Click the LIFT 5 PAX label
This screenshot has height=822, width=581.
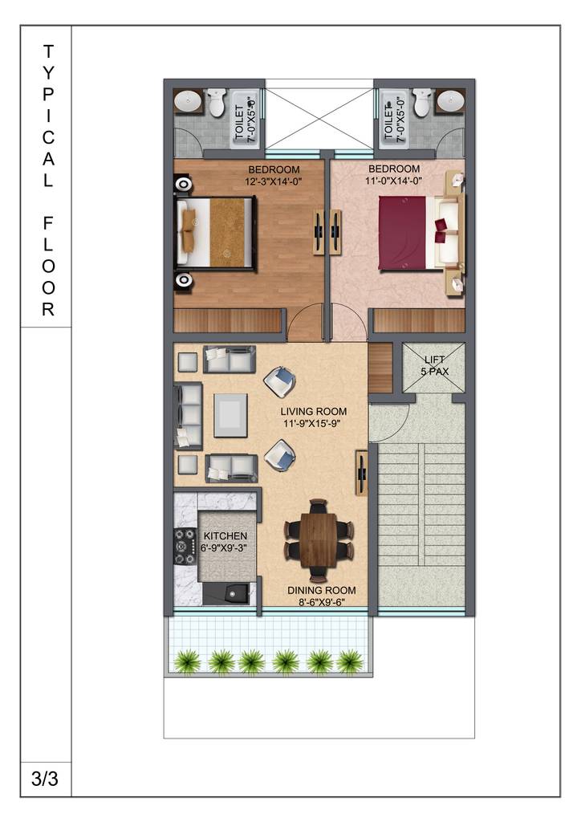click(433, 366)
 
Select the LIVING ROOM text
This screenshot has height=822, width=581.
click(308, 417)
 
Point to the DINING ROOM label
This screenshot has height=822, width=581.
click(322, 596)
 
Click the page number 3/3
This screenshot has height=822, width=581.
click(46, 778)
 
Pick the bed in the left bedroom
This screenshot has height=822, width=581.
click(214, 232)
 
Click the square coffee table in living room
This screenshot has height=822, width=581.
click(230, 414)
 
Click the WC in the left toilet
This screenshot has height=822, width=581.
click(216, 102)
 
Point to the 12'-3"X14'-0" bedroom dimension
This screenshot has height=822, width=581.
click(274, 182)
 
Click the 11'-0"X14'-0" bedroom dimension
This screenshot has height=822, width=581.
click(394, 181)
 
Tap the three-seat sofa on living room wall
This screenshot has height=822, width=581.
click(189, 414)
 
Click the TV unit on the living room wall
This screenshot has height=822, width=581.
click(362, 474)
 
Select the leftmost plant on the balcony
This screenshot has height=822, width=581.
click(187, 661)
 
